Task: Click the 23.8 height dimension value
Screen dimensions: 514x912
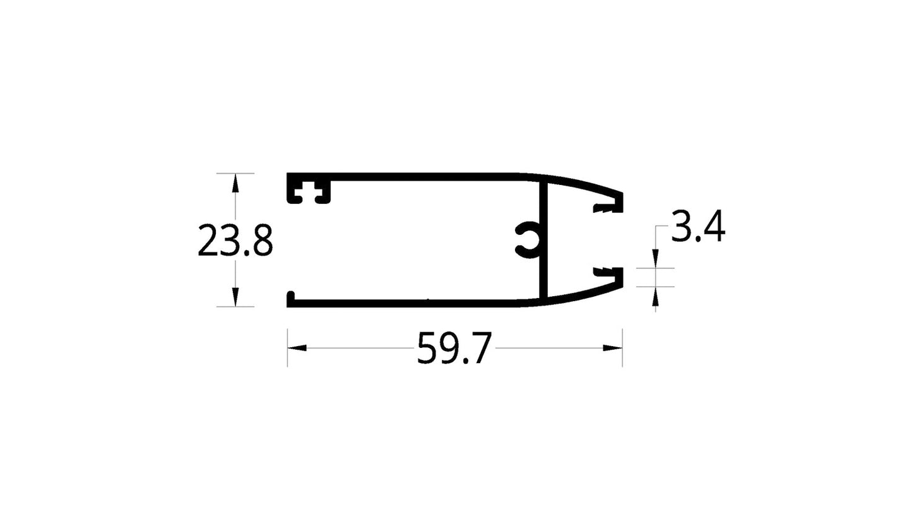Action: coord(235,241)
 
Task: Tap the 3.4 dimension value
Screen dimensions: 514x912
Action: coord(697,228)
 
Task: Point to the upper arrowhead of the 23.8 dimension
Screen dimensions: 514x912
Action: coord(235,182)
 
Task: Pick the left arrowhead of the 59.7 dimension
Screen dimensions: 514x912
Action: coord(297,347)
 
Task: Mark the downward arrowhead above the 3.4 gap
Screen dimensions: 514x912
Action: coord(655,259)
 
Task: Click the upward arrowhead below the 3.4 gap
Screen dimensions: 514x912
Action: coord(655,295)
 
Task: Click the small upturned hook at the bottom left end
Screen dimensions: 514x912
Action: coord(290,296)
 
